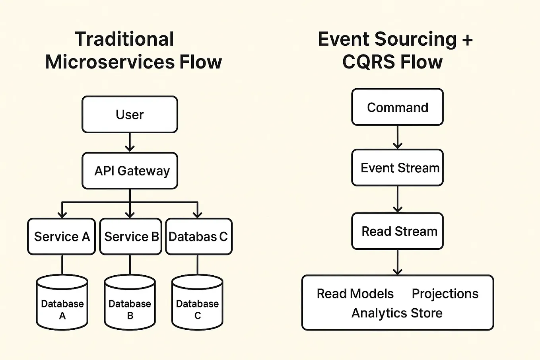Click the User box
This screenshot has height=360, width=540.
tap(130, 115)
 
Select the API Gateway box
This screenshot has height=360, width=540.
tap(130, 171)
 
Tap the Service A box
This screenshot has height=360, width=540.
tap(62, 237)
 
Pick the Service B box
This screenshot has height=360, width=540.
tap(130, 237)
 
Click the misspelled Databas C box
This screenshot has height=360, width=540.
tap(198, 237)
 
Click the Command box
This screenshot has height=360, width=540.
tap(397, 107)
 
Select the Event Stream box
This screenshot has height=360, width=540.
tap(397, 168)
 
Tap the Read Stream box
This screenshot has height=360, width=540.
tap(397, 231)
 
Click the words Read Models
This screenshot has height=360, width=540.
tap(355, 294)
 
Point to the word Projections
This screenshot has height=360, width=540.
tap(445, 294)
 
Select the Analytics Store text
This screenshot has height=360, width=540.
tap(396, 313)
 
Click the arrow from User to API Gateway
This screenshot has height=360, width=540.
tap(130, 142)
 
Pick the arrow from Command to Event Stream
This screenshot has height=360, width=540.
tap(398, 137)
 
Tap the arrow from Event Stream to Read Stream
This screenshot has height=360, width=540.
tap(398, 199)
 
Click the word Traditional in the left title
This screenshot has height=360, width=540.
tap(124, 39)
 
